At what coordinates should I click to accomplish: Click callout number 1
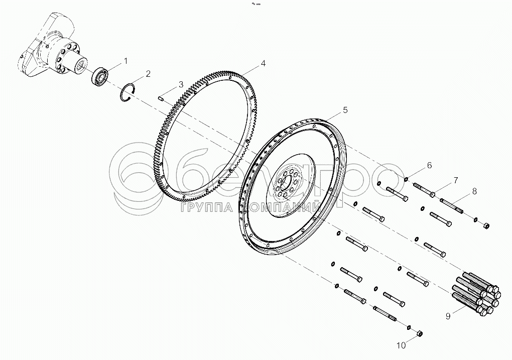click(x=125, y=61)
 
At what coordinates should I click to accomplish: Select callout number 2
click(x=148, y=74)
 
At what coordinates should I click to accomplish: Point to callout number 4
click(x=263, y=64)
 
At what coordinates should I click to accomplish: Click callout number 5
click(x=345, y=109)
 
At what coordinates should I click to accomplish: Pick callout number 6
click(x=429, y=165)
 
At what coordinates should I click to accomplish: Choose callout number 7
click(x=455, y=180)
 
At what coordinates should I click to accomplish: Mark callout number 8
click(x=474, y=191)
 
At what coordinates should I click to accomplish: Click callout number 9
click(x=447, y=316)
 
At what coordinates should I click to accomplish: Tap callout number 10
click(x=401, y=345)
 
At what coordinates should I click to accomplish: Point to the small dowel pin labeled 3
click(x=162, y=98)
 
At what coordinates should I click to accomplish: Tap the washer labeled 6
click(x=406, y=178)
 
